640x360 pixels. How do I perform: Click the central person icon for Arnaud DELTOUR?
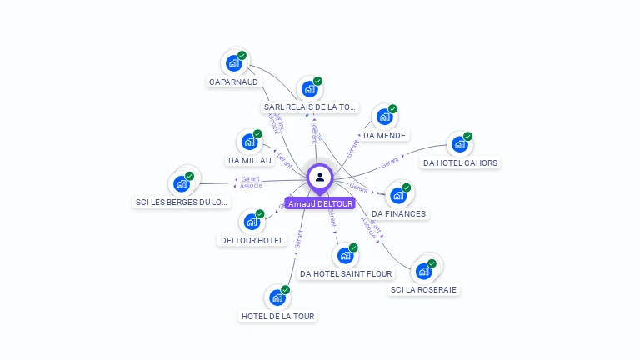click(x=320, y=177)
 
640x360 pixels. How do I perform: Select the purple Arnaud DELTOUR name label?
click(x=320, y=203)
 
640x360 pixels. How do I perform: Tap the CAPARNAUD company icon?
click(x=234, y=63)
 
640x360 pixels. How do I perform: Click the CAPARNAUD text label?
click(x=233, y=82)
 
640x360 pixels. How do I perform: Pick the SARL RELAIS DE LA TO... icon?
click(x=310, y=88)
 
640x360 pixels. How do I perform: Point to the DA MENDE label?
click(x=385, y=135)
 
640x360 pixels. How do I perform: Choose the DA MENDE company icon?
click(x=384, y=117)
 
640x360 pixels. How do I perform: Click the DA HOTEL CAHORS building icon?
click(x=459, y=144)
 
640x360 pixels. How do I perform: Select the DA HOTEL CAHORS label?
click(x=461, y=162)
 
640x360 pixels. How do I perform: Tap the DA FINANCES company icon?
click(x=398, y=196)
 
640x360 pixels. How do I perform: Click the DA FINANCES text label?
click(x=398, y=214)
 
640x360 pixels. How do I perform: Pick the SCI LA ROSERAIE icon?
click(x=424, y=271)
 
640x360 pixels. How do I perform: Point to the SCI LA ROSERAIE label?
click(x=424, y=290)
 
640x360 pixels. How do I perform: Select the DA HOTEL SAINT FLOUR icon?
click(x=345, y=255)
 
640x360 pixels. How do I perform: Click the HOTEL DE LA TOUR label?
click(x=277, y=316)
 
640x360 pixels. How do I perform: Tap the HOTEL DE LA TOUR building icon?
click(x=277, y=297)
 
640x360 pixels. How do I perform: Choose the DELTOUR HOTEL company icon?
click(x=252, y=222)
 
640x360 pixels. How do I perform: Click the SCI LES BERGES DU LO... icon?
click(x=182, y=183)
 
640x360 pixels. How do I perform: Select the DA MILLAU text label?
click(x=250, y=160)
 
